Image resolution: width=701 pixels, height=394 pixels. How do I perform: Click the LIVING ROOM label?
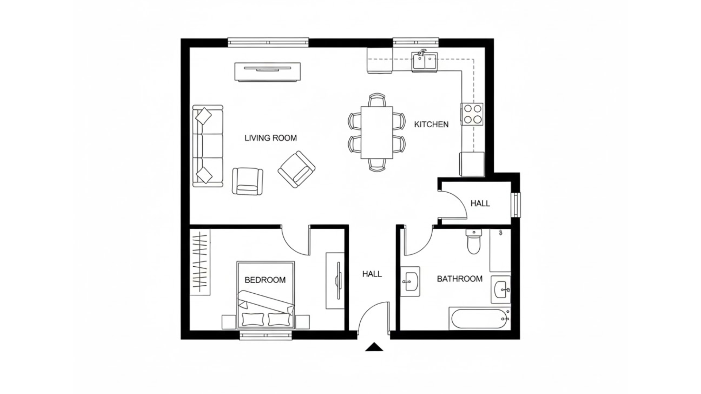pos(271,138)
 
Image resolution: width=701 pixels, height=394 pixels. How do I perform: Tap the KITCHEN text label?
pos(431,124)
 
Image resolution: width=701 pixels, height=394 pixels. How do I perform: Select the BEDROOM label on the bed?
pos(265,280)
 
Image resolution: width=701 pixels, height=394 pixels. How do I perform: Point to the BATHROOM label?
pos(460,279)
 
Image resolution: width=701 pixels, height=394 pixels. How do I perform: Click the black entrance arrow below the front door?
pos(374,347)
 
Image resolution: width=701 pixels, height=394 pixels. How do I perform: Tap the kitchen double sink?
pos(425,61)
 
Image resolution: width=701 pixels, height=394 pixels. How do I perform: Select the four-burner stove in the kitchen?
pos(472,114)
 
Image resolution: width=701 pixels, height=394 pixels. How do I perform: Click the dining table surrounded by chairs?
pos(377,132)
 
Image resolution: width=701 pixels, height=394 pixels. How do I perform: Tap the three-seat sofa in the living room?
pos(208,146)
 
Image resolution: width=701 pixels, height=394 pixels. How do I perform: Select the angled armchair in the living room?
pos(296,169)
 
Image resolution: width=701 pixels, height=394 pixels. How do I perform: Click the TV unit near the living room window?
pos(268,72)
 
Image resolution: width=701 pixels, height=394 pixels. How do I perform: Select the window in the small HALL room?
pos(516,205)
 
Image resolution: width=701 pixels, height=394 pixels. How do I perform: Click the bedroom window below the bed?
pos(266,336)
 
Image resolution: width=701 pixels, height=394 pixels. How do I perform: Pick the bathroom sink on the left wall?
pos(411,281)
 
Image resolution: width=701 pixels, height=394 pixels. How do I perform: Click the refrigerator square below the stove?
pos(472,164)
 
